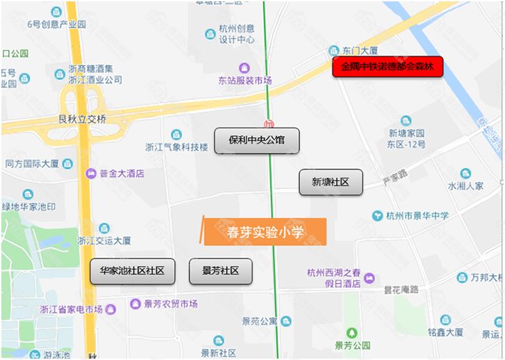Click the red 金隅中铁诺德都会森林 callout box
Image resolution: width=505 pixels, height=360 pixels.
388,67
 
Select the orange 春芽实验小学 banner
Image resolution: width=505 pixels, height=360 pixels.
265,232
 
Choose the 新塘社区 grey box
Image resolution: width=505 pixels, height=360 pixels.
331,182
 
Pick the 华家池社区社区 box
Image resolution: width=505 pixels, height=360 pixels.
132,271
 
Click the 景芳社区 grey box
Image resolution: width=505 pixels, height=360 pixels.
220,271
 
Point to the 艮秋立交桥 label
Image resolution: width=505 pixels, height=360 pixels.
83,119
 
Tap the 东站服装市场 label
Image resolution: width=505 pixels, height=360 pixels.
244,81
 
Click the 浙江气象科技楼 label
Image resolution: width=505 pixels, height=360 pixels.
176,147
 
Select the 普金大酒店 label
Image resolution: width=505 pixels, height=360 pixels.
122,173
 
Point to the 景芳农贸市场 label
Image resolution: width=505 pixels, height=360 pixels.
170,304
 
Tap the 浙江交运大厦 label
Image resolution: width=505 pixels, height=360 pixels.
104,240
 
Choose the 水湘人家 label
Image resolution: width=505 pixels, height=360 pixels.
465,186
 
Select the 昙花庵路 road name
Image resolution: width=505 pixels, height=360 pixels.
401,288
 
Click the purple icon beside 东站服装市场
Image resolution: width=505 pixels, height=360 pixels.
244,68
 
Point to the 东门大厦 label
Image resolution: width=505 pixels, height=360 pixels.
360,51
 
